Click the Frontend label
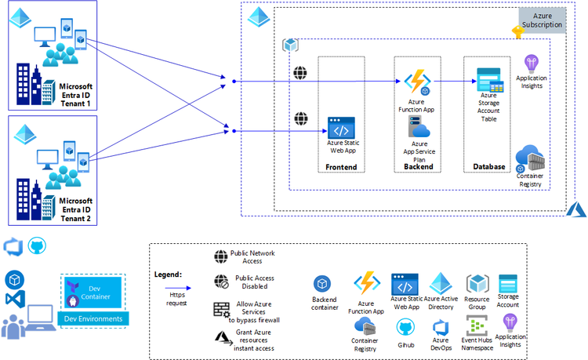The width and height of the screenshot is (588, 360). [x=341, y=167]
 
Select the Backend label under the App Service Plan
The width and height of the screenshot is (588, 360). [x=418, y=167]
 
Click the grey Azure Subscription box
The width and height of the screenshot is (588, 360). [x=542, y=20]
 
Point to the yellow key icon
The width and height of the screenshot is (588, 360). [x=517, y=32]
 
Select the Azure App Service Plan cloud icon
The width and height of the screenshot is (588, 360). [x=419, y=129]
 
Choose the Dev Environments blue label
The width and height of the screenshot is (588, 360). [x=93, y=318]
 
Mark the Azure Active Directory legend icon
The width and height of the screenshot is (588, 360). [x=441, y=284]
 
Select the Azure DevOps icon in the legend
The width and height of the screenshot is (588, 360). [x=441, y=326]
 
